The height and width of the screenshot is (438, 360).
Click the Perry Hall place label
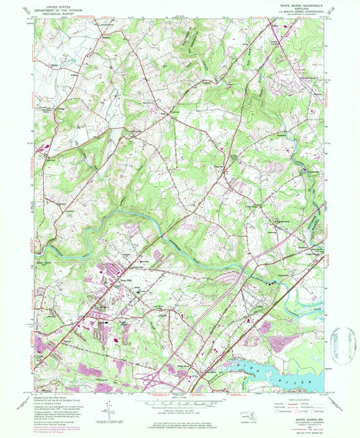tap(124, 282)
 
